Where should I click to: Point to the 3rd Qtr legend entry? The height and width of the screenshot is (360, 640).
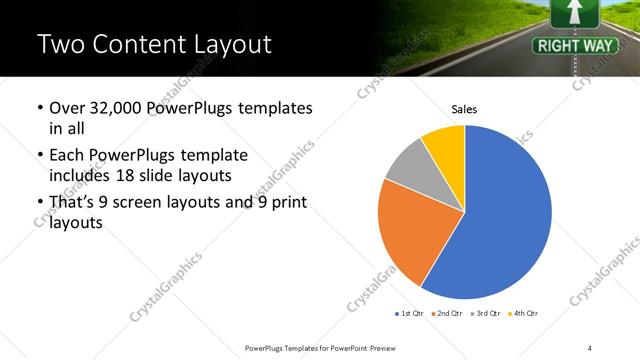487,314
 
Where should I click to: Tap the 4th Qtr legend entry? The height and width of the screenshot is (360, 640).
525,314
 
